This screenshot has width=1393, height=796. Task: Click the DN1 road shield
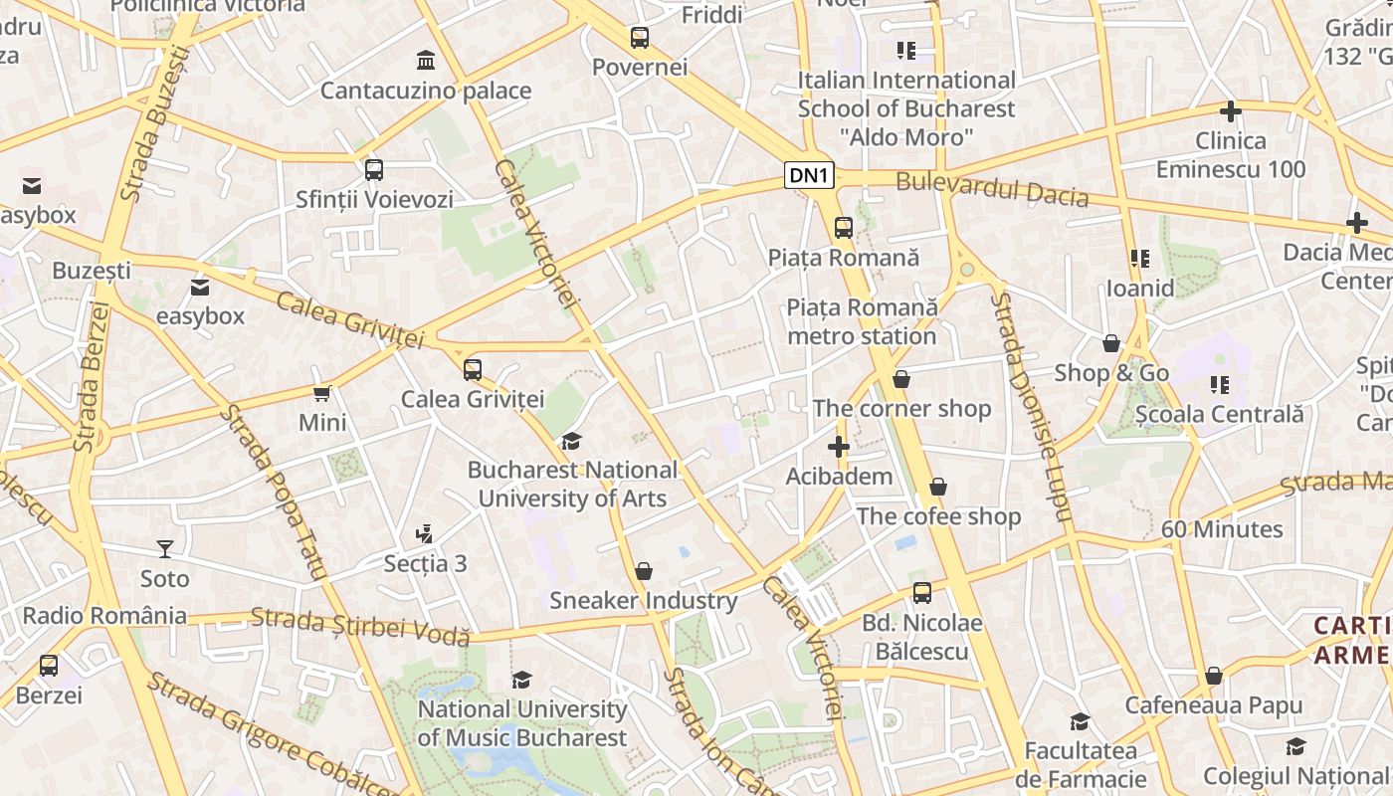(808, 176)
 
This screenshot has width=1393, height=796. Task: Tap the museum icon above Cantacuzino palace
(426, 61)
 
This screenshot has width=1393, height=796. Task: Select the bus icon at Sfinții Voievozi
(374, 170)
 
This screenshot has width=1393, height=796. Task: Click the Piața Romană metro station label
(862, 321)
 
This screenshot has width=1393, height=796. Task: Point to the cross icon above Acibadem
(839, 447)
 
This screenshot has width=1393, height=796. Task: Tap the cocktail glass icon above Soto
(164, 548)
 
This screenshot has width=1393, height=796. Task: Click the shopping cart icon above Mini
(322, 393)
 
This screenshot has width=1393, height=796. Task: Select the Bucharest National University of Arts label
(572, 484)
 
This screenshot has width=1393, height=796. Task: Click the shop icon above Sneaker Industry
(644, 571)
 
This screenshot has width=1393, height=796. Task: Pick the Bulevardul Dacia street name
(992, 189)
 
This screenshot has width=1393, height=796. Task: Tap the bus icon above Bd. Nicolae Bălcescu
(922, 593)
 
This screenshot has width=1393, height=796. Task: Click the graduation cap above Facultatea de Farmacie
(1080, 721)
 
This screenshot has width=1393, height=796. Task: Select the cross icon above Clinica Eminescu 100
(1231, 111)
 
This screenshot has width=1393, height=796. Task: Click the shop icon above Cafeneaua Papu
(1213, 676)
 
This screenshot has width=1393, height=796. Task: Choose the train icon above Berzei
(49, 666)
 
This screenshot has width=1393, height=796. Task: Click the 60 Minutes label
(1222, 529)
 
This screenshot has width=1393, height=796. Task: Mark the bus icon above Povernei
(640, 38)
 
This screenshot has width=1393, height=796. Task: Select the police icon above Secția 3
(425, 533)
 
